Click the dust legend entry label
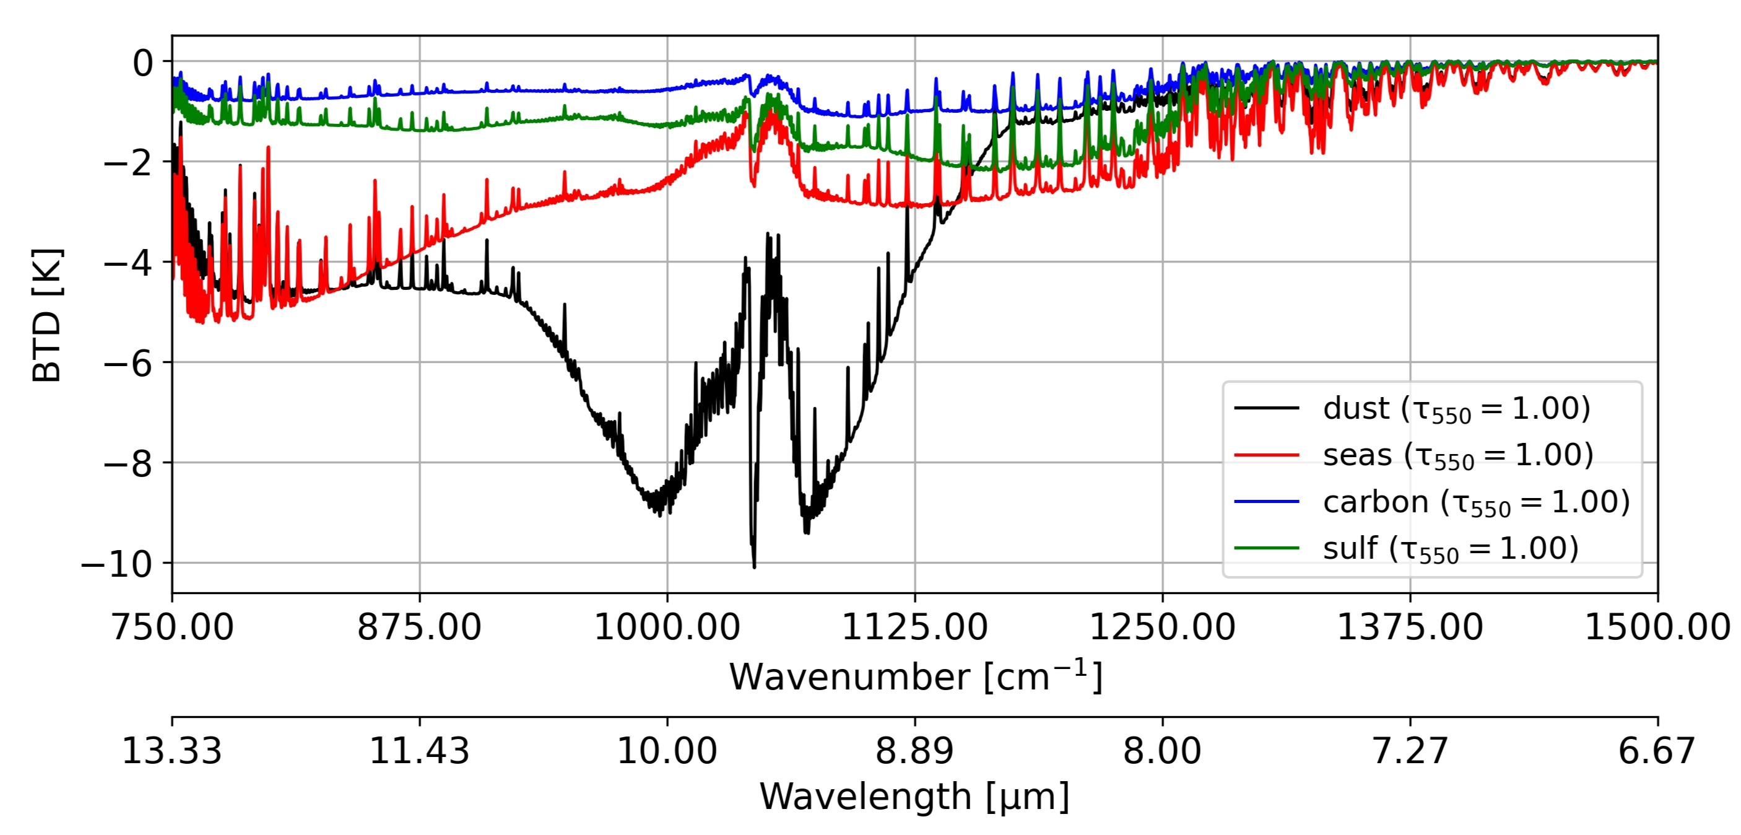click(1456, 409)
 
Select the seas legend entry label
click(1458, 456)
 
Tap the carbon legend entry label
click(1476, 502)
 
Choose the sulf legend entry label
click(1451, 549)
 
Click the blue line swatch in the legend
click(1267, 502)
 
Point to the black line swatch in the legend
click(1267, 408)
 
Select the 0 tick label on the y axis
click(142, 63)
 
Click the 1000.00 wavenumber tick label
click(667, 627)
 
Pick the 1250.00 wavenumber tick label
click(1163, 627)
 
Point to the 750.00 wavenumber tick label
click(172, 627)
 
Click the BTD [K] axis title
click(47, 315)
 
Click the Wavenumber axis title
click(915, 677)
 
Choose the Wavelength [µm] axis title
click(914, 797)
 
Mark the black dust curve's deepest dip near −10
click(754, 565)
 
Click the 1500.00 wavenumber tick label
click(1657, 627)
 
